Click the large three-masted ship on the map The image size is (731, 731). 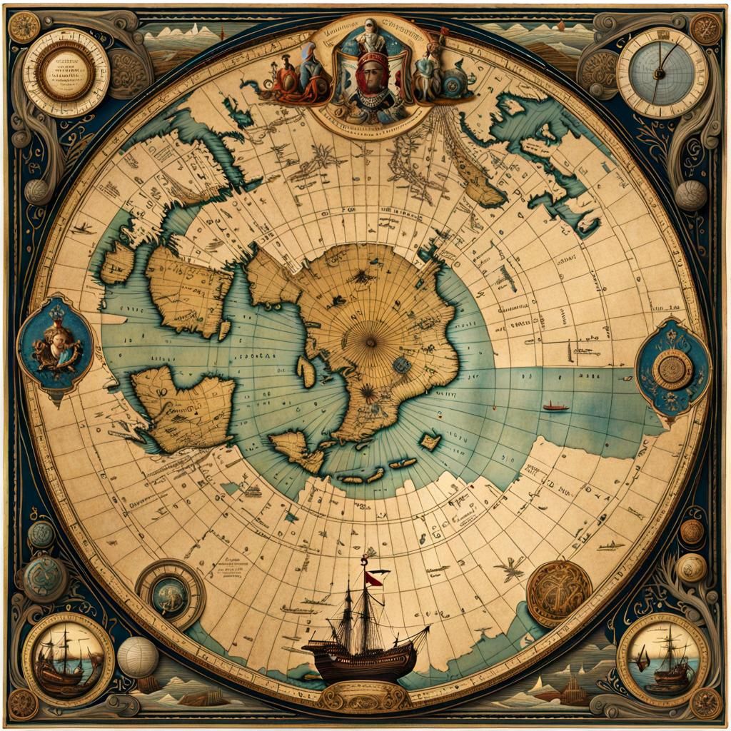[x=365, y=628]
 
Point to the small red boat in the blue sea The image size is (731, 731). [x=555, y=407]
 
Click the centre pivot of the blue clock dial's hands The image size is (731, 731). [x=660, y=71]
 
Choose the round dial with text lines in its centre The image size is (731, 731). [x=66, y=71]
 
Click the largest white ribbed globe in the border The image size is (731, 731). [x=138, y=657]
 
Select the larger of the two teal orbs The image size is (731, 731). [x=44, y=578]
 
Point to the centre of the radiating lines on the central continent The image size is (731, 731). [x=370, y=343]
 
